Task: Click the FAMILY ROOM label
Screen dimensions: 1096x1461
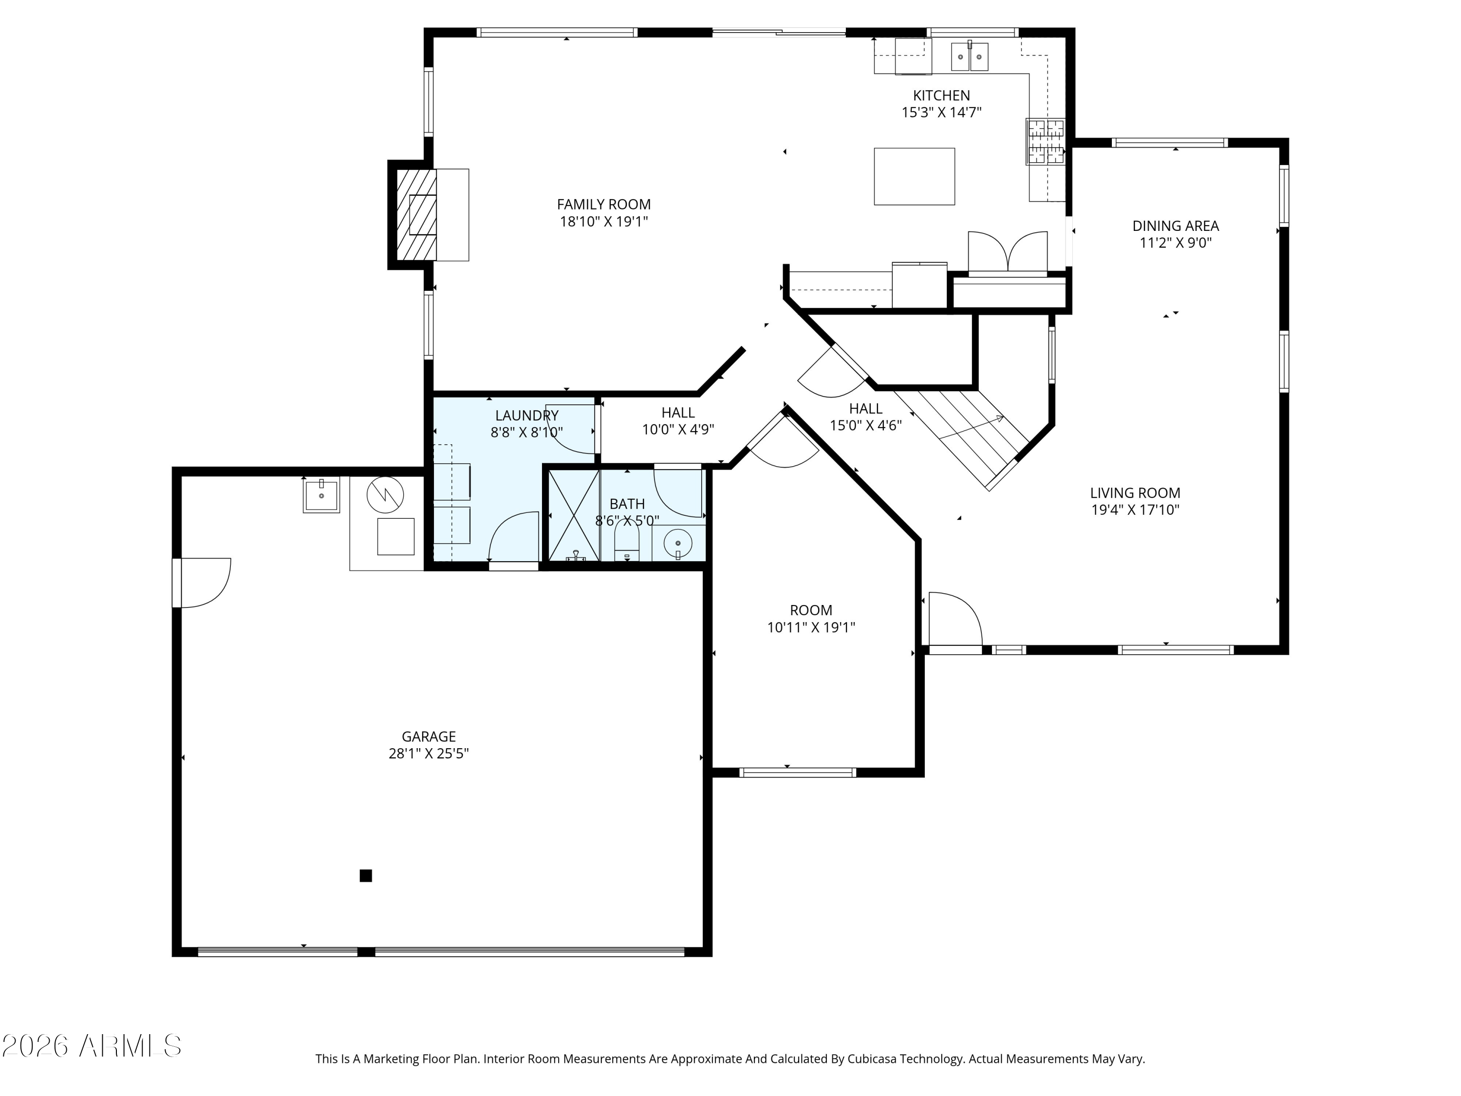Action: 604,204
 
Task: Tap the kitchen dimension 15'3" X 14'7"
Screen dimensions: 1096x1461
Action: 941,113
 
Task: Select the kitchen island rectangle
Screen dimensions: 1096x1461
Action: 914,176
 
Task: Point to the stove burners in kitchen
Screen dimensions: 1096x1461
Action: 1045,141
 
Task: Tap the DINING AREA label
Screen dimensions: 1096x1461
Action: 1175,226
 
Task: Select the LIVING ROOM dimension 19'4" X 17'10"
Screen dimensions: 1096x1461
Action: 1135,510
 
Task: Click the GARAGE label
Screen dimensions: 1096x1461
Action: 429,736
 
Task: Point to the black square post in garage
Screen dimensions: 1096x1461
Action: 365,875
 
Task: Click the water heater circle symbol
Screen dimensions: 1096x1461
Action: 385,494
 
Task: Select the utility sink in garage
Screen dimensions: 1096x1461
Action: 321,495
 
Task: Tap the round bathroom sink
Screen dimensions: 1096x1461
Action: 678,544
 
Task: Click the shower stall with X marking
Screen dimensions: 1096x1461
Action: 574,515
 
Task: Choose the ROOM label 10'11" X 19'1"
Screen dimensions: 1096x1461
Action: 810,610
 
